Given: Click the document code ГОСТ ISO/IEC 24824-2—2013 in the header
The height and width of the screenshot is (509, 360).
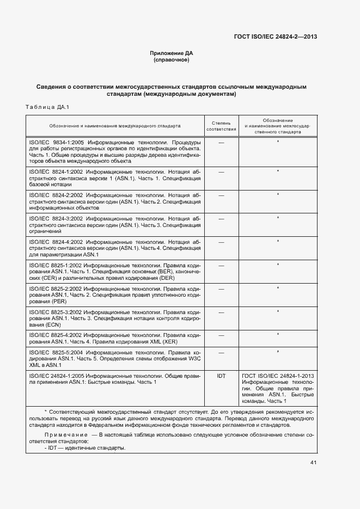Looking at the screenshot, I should [276, 36].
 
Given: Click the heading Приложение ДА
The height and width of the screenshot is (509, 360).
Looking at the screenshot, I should [172, 53].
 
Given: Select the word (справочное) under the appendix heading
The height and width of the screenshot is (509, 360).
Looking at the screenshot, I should [172, 59].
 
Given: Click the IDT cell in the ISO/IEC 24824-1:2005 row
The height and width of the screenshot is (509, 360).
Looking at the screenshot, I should [221, 376].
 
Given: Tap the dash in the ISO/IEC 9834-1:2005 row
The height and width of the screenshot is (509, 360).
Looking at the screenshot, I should [221, 142].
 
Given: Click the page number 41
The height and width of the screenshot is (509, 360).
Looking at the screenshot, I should [313, 463].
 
